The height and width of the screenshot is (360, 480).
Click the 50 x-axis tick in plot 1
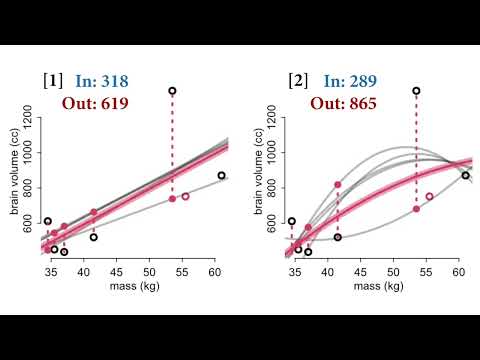(149, 271)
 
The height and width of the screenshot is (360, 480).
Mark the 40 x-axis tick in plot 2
(328, 271)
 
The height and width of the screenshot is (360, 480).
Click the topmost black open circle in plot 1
(172, 91)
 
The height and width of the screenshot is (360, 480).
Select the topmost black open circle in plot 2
(416, 91)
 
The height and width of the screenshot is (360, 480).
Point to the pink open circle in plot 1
(186, 196)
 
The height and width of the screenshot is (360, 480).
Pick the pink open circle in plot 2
(429, 196)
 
